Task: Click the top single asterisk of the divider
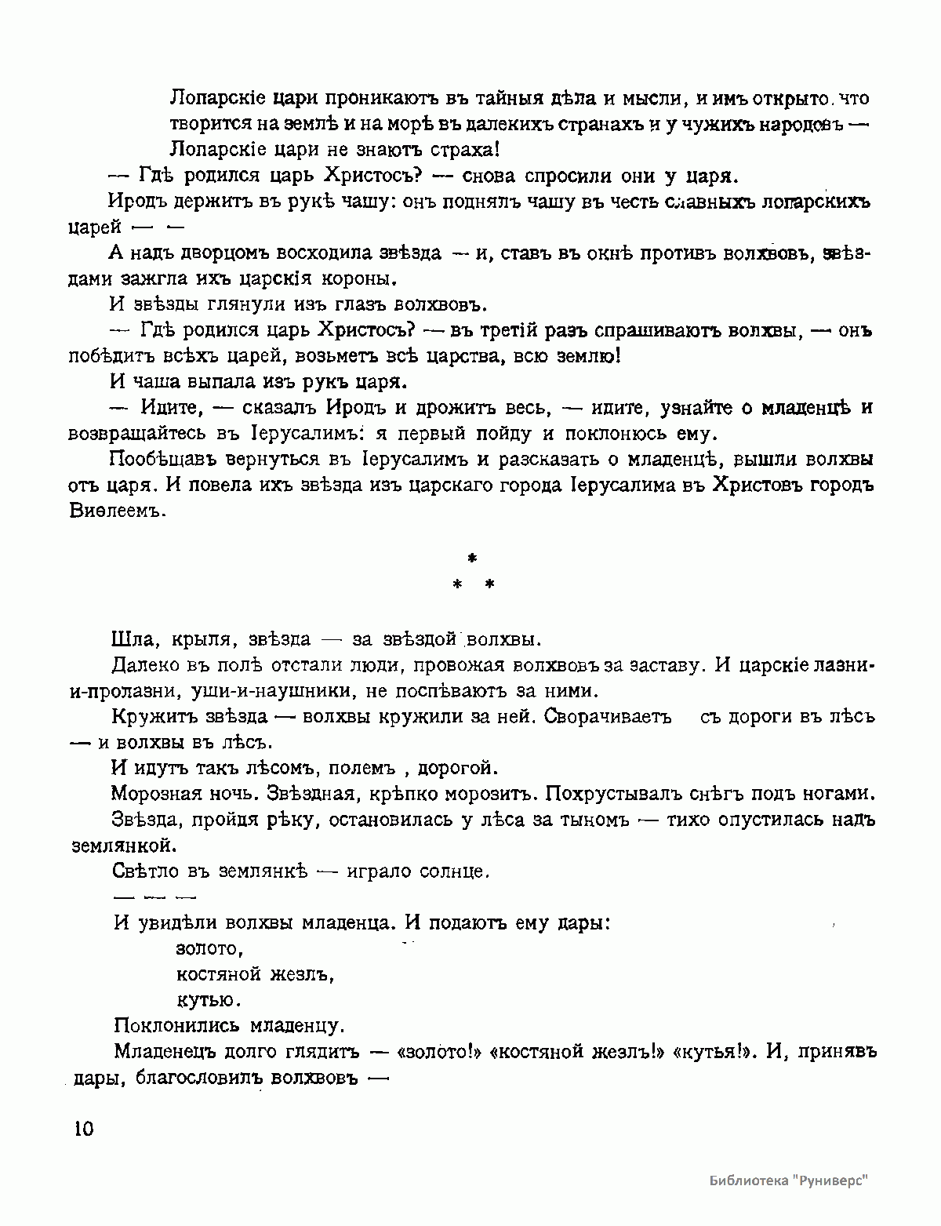pyautogui.click(x=471, y=558)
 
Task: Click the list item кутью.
pyautogui.click(x=208, y=1000)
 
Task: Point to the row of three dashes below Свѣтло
pyautogui.click(x=154, y=896)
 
